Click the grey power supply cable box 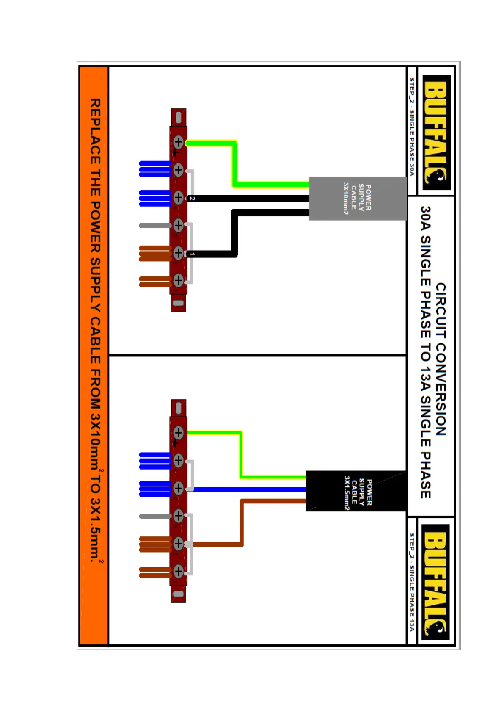pyautogui.click(x=358, y=198)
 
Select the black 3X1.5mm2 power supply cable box pyautogui.click(x=355, y=491)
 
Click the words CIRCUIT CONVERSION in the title pyautogui.click(x=441, y=359)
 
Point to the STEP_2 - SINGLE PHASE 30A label pyautogui.click(x=412, y=127)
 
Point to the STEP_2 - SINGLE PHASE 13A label pyautogui.click(x=412, y=582)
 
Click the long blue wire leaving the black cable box pyautogui.click(x=250, y=489)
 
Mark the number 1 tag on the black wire pyautogui.click(x=192, y=254)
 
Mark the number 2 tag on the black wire pyautogui.click(x=192, y=199)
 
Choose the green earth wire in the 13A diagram pyautogui.click(x=240, y=455)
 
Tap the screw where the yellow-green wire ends pyautogui.click(x=178, y=142)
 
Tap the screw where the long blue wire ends pyautogui.click(x=178, y=488)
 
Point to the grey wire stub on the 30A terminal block pyautogui.click(x=155, y=226)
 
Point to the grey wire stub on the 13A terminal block pyautogui.click(x=155, y=516)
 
